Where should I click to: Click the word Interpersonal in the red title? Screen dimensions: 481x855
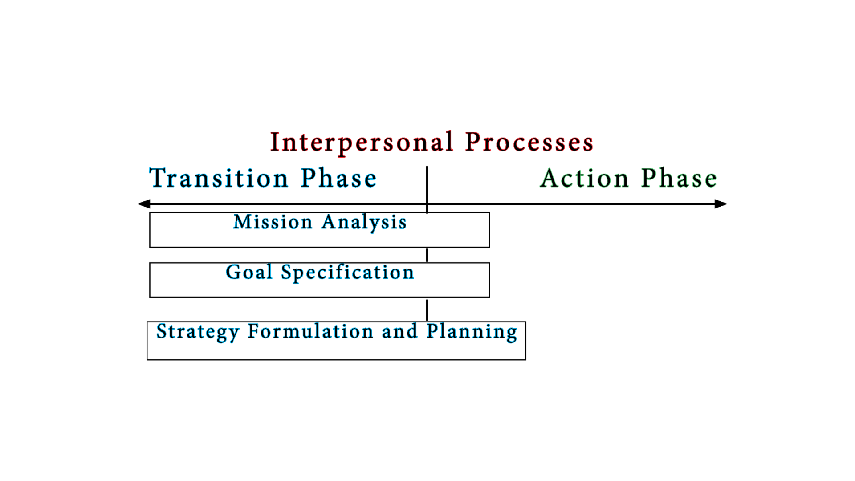click(x=362, y=143)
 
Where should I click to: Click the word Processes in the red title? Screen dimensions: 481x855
click(x=529, y=143)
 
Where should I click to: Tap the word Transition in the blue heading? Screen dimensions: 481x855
click(x=219, y=178)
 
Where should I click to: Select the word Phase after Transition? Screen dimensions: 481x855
click(x=339, y=178)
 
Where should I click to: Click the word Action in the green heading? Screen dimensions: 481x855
click(x=584, y=178)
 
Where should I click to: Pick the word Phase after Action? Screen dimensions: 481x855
click(x=679, y=178)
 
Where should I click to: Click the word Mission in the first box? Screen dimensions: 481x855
click(x=273, y=222)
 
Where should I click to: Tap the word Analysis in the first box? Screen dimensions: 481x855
click(x=364, y=222)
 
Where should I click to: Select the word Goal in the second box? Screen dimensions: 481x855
click(x=249, y=272)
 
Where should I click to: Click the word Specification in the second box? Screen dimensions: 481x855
click(x=347, y=273)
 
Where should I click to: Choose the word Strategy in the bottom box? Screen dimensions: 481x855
click(x=198, y=332)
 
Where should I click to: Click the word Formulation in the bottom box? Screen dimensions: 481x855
click(x=310, y=331)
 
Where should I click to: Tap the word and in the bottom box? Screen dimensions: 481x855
click(x=399, y=331)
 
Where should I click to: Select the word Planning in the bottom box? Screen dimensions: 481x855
click(x=472, y=332)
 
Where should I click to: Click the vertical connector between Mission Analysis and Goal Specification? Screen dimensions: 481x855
click(x=427, y=255)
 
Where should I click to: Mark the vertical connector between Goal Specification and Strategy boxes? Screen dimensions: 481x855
click(x=427, y=310)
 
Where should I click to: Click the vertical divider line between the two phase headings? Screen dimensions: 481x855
click(x=427, y=185)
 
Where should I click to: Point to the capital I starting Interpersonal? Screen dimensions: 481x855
click(x=275, y=143)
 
